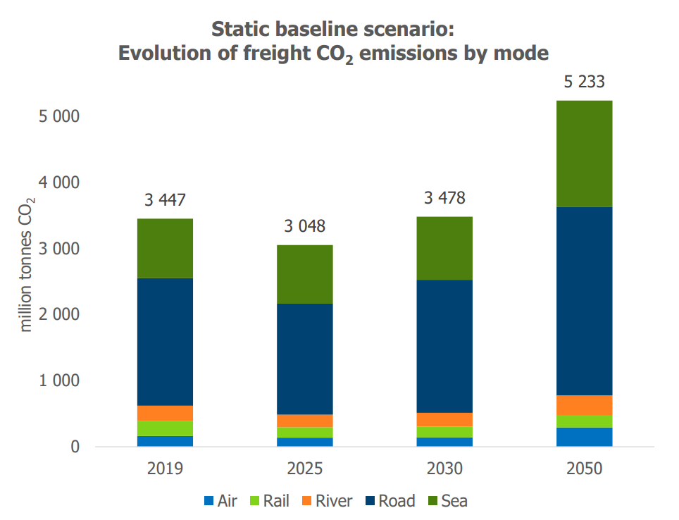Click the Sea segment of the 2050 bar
[x=584, y=154]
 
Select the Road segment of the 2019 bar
[x=166, y=342]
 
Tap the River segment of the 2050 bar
[x=584, y=405]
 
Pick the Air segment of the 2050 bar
[x=584, y=437]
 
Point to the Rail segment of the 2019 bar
[x=166, y=428]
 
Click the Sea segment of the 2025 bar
[x=305, y=274]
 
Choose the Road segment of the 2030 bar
[x=444, y=346]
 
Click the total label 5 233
[x=584, y=82]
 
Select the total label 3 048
[x=305, y=227]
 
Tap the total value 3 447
[x=166, y=200]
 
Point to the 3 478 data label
[x=444, y=198]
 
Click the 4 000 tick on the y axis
[x=58, y=182]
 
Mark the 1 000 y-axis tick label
[x=58, y=380]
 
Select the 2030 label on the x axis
[x=444, y=469]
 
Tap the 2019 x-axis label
[x=166, y=469]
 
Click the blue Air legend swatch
[x=208, y=502]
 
